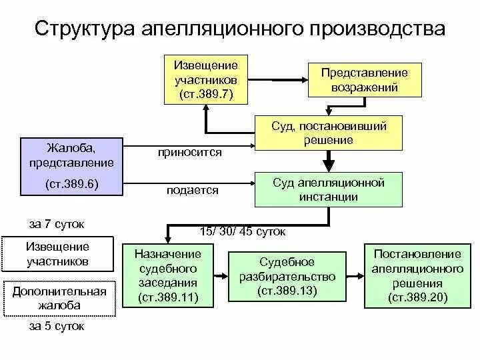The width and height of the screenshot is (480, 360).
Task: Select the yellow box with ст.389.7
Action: [x=206, y=79]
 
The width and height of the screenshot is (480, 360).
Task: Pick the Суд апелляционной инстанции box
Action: [x=329, y=189]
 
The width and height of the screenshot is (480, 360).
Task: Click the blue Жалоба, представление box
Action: [x=71, y=167]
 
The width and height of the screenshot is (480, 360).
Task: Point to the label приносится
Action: [x=190, y=153]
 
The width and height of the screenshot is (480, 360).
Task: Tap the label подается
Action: [x=192, y=191]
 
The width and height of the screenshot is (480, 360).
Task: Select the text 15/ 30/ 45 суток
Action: [x=243, y=231]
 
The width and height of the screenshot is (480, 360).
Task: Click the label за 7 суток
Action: [x=57, y=224]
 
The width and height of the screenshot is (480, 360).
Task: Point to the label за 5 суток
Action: [x=57, y=327]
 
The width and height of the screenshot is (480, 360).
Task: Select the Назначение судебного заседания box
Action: [x=168, y=276]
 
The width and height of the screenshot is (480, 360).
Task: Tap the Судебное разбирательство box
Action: [x=287, y=276]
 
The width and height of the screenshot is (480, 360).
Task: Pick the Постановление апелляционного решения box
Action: [x=417, y=276]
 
